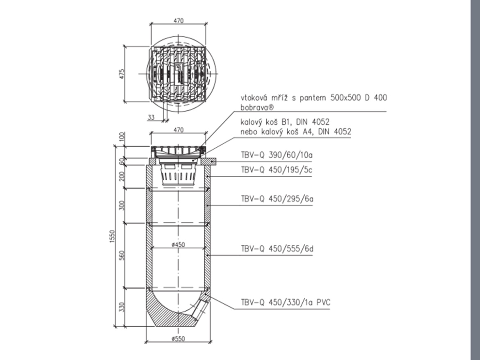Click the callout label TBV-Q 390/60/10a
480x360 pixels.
(277, 155)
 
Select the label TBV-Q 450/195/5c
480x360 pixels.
(277, 170)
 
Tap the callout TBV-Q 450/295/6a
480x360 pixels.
(277, 199)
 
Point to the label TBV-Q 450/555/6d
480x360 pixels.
(277, 249)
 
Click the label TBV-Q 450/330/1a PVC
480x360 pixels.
(286, 303)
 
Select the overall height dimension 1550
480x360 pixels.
(112, 237)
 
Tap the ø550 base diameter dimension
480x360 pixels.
(178, 339)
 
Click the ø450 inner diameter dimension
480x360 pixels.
(178, 245)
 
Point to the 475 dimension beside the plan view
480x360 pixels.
(122, 74)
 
